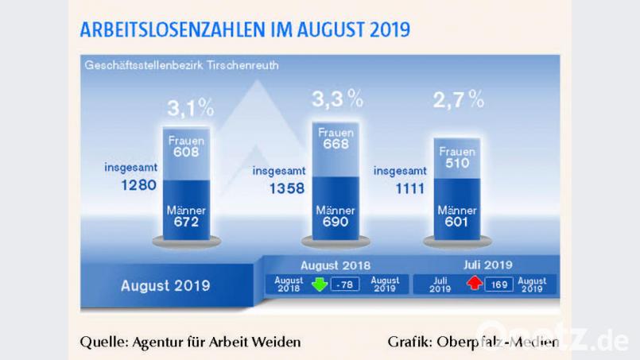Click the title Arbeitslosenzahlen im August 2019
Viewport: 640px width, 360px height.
pos(245,30)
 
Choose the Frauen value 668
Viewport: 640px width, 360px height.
pos(336,145)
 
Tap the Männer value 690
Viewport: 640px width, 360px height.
pos(336,223)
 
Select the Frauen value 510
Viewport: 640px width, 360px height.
pos(456,165)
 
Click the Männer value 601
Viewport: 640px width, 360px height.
pos(456,223)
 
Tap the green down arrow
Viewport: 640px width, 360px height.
pos(320,285)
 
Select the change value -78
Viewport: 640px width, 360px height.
pos(345,285)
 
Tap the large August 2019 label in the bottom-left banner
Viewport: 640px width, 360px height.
pos(165,285)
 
